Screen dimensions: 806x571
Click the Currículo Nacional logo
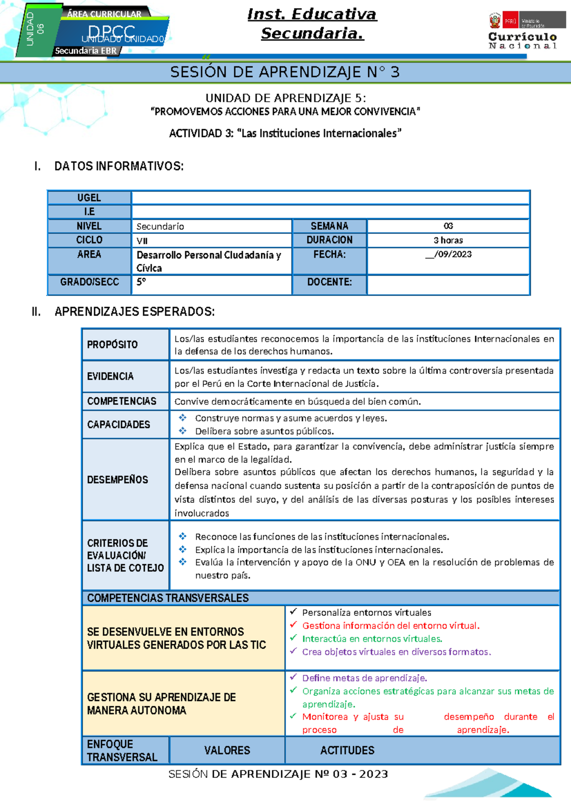click(522, 31)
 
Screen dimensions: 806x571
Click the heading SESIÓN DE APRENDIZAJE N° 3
click(285, 72)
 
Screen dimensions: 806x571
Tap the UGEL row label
click(89, 198)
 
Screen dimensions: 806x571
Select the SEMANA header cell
click(329, 226)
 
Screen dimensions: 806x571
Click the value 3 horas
click(448, 240)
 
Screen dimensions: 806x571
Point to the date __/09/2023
click(448, 254)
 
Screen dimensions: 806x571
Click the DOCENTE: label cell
click(329, 282)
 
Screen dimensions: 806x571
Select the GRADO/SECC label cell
click(89, 282)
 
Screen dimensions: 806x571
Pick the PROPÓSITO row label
click(112, 345)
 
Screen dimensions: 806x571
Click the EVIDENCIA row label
click(110, 376)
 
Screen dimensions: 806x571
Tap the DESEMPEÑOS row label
click(118, 480)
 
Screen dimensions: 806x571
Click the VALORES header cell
click(227, 750)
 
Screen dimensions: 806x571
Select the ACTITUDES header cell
click(347, 750)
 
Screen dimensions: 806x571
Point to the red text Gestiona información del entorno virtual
click(391, 626)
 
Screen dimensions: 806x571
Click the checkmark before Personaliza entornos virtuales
click(293, 612)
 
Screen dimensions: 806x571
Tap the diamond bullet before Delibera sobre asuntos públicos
click(182, 431)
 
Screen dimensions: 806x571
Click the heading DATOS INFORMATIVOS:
click(119, 166)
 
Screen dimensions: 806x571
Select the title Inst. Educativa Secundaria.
click(312, 24)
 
